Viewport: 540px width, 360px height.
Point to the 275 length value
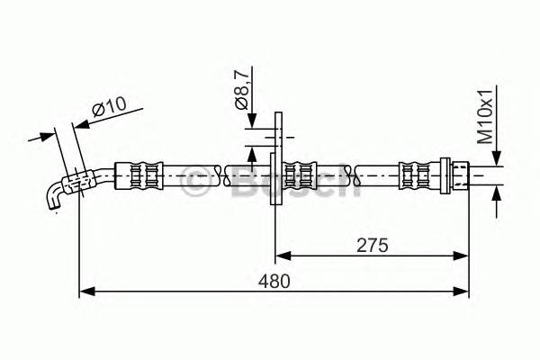click(372, 243)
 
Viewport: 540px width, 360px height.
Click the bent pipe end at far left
click(56, 195)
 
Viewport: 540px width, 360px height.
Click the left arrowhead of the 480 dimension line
click(85, 291)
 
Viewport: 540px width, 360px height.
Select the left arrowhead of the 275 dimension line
click(280, 255)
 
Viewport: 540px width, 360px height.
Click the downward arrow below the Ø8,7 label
click(256, 121)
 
